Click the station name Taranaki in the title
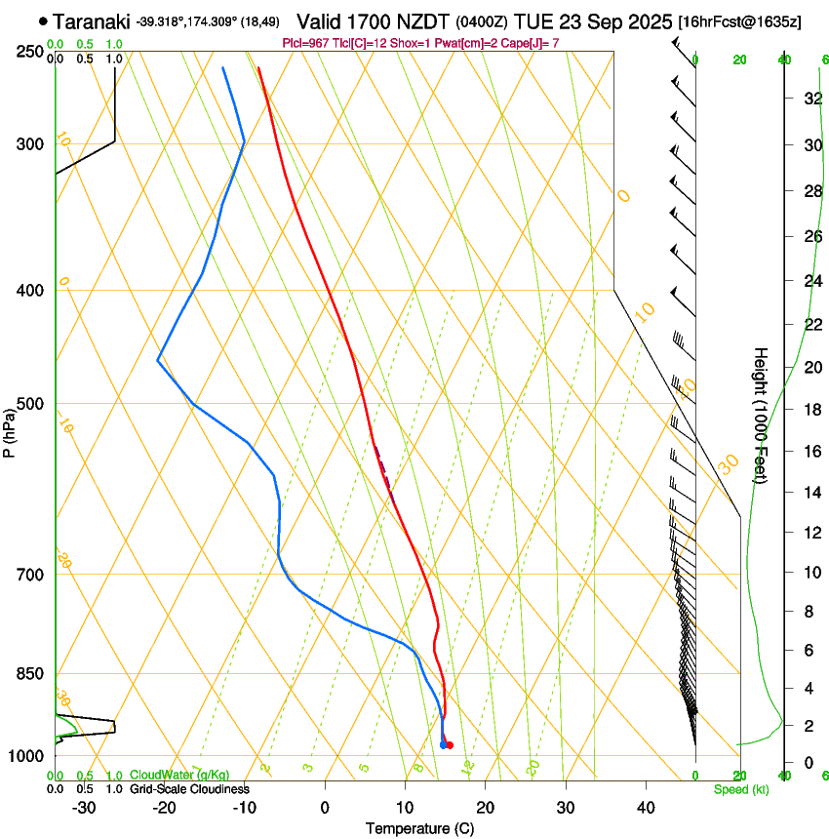click(x=93, y=21)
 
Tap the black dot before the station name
click(x=43, y=20)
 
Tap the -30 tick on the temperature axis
click(x=84, y=806)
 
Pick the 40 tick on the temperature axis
click(x=646, y=806)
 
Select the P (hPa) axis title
click(x=9, y=429)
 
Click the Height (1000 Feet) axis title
click(x=762, y=415)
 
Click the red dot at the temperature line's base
click(x=450, y=745)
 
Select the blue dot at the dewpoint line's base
click(x=443, y=745)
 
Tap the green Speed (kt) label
click(x=740, y=788)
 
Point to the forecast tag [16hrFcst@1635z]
click(x=740, y=21)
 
